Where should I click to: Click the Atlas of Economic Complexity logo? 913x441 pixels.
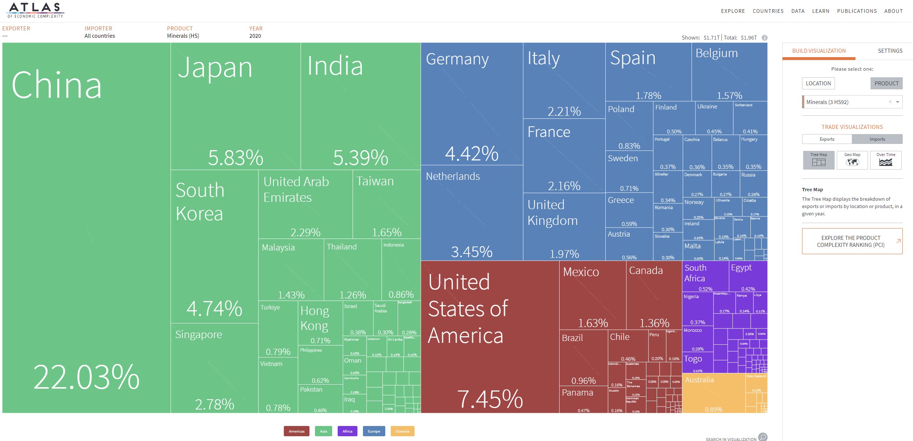(36, 10)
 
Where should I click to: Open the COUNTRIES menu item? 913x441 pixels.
(768, 11)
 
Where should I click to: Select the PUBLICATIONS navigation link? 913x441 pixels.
(857, 11)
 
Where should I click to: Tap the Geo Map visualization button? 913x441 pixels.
(852, 160)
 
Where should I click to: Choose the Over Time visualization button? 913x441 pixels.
(886, 160)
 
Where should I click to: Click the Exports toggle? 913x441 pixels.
(827, 139)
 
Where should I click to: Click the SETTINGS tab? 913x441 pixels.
(890, 51)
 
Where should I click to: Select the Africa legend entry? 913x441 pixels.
(347, 431)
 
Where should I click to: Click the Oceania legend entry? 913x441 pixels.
(402, 431)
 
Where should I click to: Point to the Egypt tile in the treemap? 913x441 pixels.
(747, 277)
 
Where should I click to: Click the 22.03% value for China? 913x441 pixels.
(86, 377)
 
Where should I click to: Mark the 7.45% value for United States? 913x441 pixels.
(490, 399)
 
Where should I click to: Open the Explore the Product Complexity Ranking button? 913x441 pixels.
(852, 241)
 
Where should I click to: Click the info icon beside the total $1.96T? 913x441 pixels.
(764, 38)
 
